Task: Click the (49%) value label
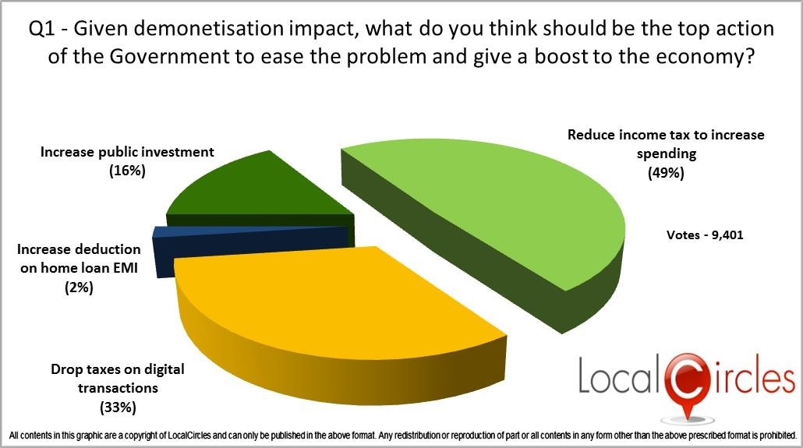(666, 173)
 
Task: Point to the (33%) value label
(118, 407)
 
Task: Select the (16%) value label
(127, 171)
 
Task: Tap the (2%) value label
(79, 287)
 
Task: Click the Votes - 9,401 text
(705, 235)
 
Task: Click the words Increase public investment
(127, 152)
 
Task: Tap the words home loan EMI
(79, 268)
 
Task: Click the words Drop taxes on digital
(117, 369)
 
